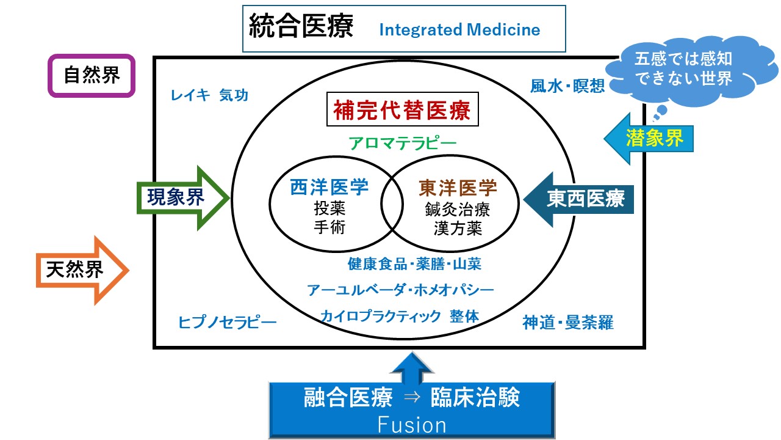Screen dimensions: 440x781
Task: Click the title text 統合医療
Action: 301,28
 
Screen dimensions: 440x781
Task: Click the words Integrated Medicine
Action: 459,30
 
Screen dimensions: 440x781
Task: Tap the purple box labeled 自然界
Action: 92,76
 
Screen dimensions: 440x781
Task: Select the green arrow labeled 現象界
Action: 180,197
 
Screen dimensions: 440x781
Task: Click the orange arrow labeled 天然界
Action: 79,269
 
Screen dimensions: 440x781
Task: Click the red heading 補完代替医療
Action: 402,111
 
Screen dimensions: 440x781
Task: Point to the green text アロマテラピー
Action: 402,144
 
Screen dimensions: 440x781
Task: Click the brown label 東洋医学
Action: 458,188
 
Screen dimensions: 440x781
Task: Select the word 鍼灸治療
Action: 458,209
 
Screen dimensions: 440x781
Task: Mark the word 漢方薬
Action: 458,228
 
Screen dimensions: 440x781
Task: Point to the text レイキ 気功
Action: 209,95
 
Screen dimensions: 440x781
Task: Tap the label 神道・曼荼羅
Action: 567,322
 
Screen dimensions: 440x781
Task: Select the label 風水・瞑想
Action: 567,86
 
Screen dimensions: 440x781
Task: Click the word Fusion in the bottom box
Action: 412,425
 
